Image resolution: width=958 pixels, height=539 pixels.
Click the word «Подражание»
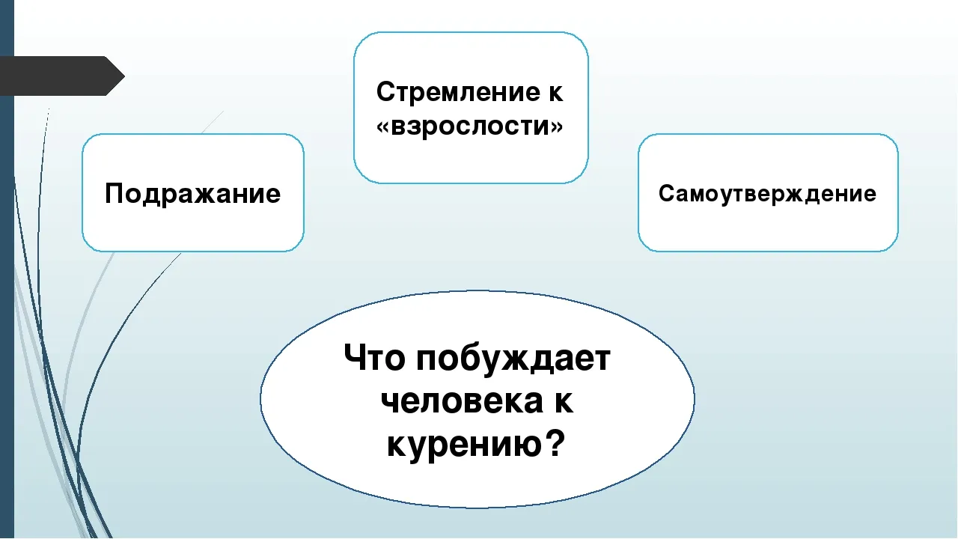(192, 194)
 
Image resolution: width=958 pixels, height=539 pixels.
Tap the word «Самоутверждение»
(767, 194)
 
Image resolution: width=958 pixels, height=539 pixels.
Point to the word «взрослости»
(469, 126)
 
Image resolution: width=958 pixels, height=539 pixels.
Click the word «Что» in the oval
(374, 358)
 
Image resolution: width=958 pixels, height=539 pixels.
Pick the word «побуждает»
(513, 359)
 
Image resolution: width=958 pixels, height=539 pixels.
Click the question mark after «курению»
(555, 442)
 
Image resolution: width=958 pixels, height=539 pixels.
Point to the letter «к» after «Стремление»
(555, 93)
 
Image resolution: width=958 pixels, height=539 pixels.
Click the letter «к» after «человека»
(564, 402)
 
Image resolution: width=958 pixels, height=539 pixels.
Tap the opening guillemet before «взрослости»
(383, 127)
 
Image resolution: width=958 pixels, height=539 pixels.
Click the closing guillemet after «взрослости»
(556, 127)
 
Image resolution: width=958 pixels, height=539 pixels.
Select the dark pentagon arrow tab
(62, 76)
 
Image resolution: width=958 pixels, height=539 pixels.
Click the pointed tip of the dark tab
(124, 76)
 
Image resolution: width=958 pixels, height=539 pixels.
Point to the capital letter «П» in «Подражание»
(115, 193)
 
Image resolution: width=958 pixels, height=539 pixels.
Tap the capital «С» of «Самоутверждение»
(668, 193)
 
